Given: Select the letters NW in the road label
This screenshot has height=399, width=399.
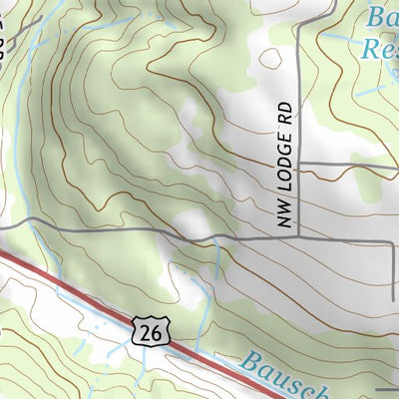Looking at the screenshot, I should point(282,220).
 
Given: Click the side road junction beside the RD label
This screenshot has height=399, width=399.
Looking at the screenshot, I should point(298,162).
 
